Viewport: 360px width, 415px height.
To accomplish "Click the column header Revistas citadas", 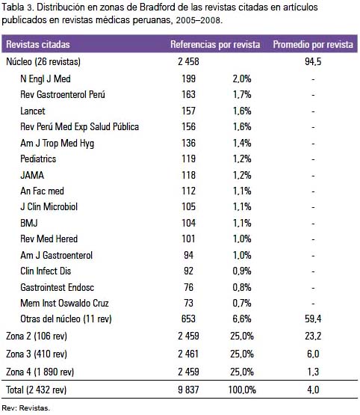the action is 38,44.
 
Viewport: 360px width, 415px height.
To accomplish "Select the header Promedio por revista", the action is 313,44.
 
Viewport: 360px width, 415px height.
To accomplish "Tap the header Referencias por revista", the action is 215,44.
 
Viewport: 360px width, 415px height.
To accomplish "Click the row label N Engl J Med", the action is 46,79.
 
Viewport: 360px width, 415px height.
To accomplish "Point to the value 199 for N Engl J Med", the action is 188,79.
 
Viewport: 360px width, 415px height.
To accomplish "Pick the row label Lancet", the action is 33,111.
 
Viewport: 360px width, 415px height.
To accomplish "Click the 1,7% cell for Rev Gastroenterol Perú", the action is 242,94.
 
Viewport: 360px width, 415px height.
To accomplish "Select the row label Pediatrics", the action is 38,159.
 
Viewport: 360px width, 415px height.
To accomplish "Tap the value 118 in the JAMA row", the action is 188,175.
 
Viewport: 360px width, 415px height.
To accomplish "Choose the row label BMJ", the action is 29,223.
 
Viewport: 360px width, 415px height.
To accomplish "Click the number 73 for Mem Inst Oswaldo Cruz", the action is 188,303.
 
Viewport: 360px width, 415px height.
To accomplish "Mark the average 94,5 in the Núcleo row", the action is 313,61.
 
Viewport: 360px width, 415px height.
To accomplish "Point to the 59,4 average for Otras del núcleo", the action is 313,319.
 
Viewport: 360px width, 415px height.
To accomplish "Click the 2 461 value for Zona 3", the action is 188,354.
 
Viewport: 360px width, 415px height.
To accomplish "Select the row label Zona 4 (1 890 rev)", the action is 40,372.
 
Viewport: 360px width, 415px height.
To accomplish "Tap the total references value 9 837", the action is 188,390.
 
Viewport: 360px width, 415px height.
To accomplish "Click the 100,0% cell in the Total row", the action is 242,390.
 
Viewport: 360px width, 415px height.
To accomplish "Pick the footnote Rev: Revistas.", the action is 25,408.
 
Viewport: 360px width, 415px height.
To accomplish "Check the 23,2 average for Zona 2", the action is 313,336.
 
